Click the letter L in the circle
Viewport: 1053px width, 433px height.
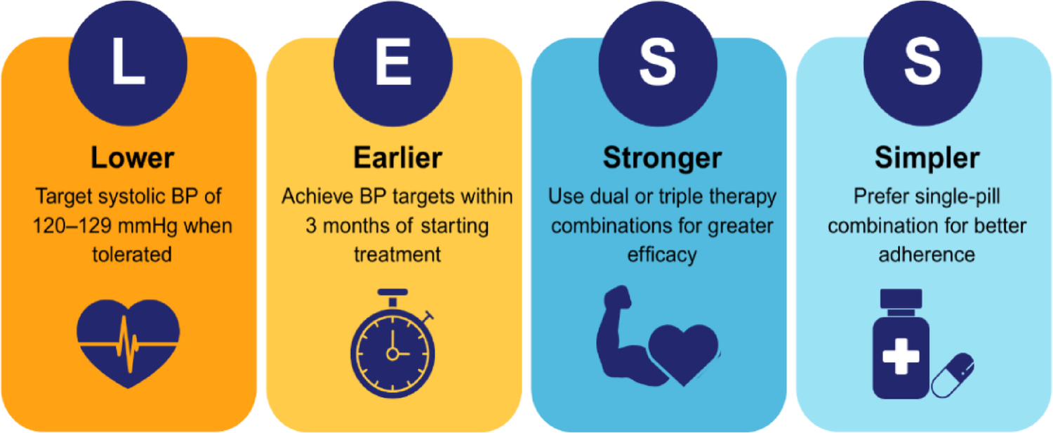128,62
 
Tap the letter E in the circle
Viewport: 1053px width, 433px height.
394,62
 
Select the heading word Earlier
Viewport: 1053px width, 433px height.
397,159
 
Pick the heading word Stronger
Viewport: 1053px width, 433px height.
662,159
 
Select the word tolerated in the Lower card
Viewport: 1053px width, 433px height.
131,253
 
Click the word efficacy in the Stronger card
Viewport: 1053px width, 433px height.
662,253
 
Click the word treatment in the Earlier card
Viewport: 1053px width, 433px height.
397,253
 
